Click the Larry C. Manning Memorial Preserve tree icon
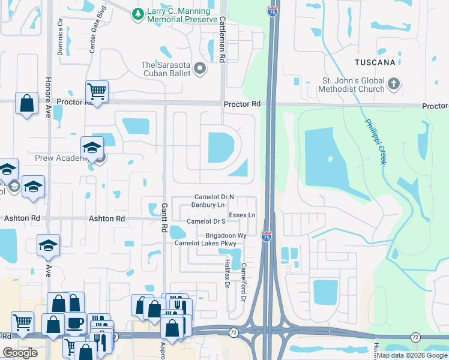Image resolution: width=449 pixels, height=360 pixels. tap(138, 13)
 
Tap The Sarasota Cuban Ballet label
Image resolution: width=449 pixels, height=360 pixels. tap(166, 69)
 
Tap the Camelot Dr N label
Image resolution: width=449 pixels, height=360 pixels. tap(214, 197)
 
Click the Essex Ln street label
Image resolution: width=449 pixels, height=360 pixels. tap(242, 215)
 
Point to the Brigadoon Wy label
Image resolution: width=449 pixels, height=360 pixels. tap(226, 236)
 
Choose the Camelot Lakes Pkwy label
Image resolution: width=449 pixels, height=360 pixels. tap(205, 244)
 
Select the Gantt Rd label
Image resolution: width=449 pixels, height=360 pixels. tap(163, 217)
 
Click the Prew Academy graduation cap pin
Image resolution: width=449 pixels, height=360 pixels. tap(92, 148)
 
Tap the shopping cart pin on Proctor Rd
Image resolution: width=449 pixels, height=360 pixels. tap(97, 92)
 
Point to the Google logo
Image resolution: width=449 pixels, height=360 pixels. tap(20, 353)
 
